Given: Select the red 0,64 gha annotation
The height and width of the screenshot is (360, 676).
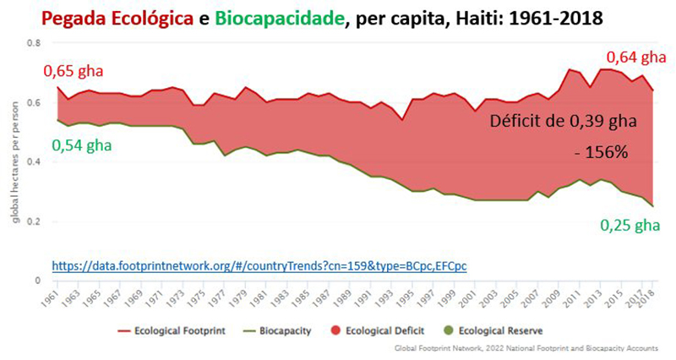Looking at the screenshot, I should click(x=636, y=57).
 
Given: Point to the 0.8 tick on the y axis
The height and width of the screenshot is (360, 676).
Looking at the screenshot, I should click(x=34, y=42).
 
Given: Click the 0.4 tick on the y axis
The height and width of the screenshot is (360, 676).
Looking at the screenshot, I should click(x=34, y=161).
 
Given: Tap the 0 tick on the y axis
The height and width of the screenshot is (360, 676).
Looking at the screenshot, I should click(x=37, y=280).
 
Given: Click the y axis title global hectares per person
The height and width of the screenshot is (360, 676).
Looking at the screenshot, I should click(x=14, y=161).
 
